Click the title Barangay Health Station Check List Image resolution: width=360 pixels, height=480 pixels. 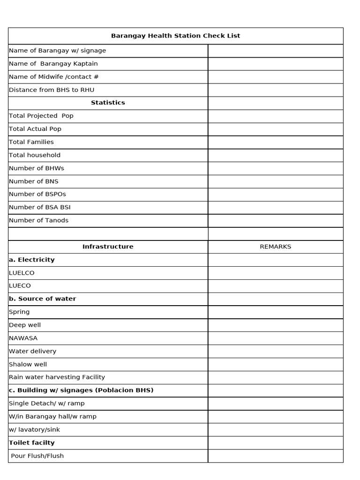point(175,36)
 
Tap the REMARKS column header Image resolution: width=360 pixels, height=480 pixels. point(275,247)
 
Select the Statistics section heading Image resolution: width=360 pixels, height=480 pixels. point(108,103)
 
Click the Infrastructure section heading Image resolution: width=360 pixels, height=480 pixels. point(108,247)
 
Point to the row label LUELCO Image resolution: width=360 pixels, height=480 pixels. point(22,273)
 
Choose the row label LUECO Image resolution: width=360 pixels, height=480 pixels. point(20,285)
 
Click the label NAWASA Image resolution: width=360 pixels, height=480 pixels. point(23,338)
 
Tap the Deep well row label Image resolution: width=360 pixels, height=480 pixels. point(25,325)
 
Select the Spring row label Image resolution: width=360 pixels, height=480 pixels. point(19,312)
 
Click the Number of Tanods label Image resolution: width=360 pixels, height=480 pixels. point(38,220)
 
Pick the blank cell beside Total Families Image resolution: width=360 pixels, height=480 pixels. point(275,142)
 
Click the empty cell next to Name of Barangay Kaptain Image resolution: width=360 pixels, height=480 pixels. point(275,64)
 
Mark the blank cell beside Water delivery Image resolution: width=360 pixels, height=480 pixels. point(275,351)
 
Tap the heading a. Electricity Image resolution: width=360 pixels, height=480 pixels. point(31,260)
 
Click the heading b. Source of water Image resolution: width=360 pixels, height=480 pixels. point(42,299)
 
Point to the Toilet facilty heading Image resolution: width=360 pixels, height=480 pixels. point(31,442)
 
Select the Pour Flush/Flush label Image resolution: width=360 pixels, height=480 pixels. point(37,456)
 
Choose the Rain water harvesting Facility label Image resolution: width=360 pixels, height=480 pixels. point(57,377)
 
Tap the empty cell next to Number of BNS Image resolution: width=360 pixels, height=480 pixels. point(275,181)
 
